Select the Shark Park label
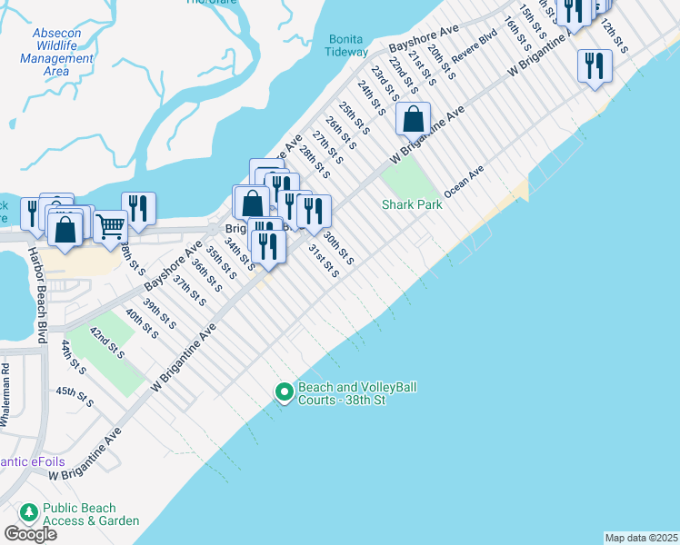(x=411, y=204)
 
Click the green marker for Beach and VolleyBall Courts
(x=284, y=392)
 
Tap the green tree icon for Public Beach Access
(x=28, y=514)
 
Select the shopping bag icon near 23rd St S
(x=414, y=118)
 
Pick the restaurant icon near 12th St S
(x=595, y=64)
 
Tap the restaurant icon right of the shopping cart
(x=137, y=207)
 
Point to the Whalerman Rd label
(x=5, y=395)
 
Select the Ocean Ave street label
(x=464, y=181)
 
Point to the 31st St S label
(x=323, y=261)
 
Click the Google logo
(x=30, y=534)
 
